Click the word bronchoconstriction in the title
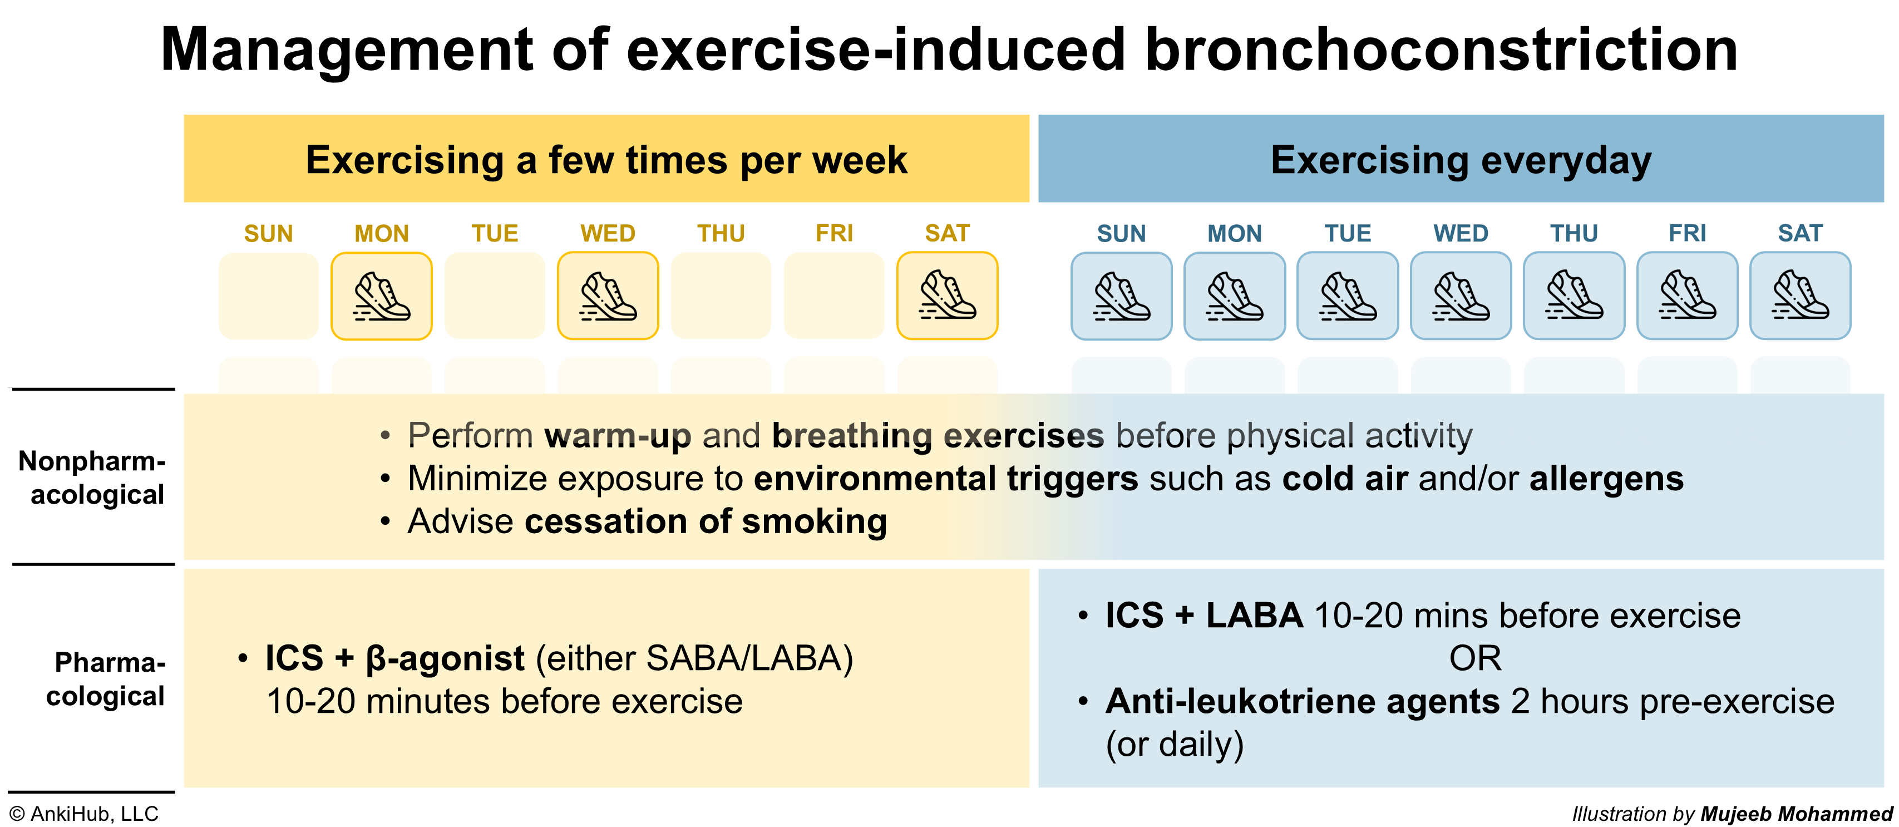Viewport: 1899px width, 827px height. (x=1441, y=50)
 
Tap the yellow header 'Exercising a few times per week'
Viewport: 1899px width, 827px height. (x=606, y=159)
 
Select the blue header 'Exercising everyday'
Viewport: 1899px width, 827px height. (x=1461, y=159)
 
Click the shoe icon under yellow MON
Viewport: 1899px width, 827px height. (x=382, y=296)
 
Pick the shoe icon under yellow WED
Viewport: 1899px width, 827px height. (x=608, y=296)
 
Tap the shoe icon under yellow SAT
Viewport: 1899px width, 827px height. (x=948, y=296)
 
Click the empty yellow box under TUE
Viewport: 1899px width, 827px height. (x=495, y=296)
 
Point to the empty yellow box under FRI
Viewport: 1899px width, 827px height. (x=833, y=296)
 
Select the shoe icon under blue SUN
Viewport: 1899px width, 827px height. (x=1121, y=296)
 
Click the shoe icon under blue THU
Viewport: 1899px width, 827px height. (x=1574, y=296)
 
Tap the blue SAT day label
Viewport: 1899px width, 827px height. (x=1800, y=233)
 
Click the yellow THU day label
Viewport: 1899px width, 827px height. (x=721, y=233)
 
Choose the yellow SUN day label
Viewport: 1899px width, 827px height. (x=268, y=233)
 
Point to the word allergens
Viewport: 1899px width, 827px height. (x=1606, y=479)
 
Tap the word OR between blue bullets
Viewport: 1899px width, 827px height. (x=1475, y=658)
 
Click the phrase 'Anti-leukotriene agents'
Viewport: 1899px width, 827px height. (x=1303, y=701)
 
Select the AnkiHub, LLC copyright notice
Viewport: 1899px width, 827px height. (x=84, y=814)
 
